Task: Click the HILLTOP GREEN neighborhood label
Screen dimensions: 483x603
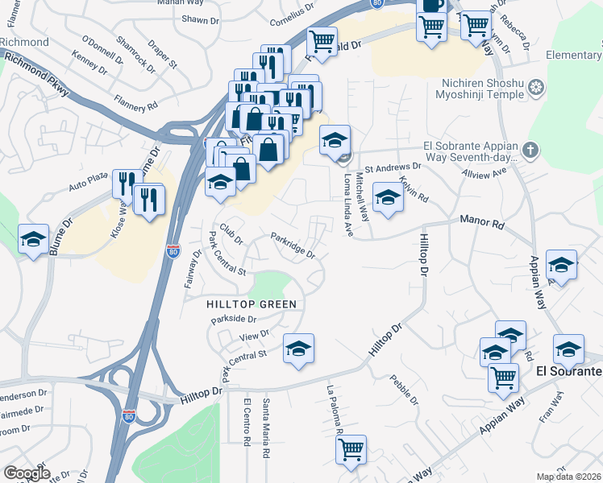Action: pyautogui.click(x=252, y=304)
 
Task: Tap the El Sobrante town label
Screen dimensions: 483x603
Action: pyautogui.click(x=568, y=372)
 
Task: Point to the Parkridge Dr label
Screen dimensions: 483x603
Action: pyautogui.click(x=293, y=246)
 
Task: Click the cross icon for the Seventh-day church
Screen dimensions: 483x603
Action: pyautogui.click(x=529, y=149)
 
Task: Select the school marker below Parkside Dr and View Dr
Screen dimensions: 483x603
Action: pyautogui.click(x=298, y=349)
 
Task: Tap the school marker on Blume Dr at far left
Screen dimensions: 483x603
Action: pyautogui.click(x=34, y=239)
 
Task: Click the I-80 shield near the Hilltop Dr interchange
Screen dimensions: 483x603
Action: pyautogui.click(x=129, y=415)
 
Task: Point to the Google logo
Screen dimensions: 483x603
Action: pyautogui.click(x=27, y=473)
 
